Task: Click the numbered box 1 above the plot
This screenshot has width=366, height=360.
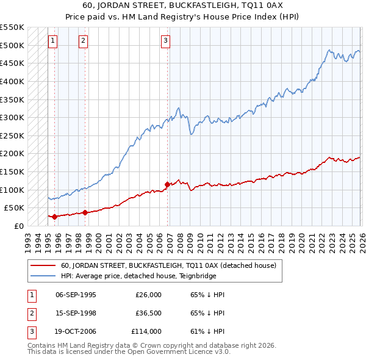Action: coord(53,41)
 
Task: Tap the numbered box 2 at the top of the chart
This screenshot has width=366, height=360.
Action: coord(84,41)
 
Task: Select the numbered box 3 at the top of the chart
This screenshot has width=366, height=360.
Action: coord(166,41)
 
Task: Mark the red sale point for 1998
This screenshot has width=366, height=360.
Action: coord(85,212)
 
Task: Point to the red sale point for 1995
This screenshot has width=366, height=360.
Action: coord(54,216)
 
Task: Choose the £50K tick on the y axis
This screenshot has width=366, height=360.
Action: coord(14,208)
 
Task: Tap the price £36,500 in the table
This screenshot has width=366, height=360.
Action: coord(146,313)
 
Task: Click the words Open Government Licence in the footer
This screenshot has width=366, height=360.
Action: coord(182,352)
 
